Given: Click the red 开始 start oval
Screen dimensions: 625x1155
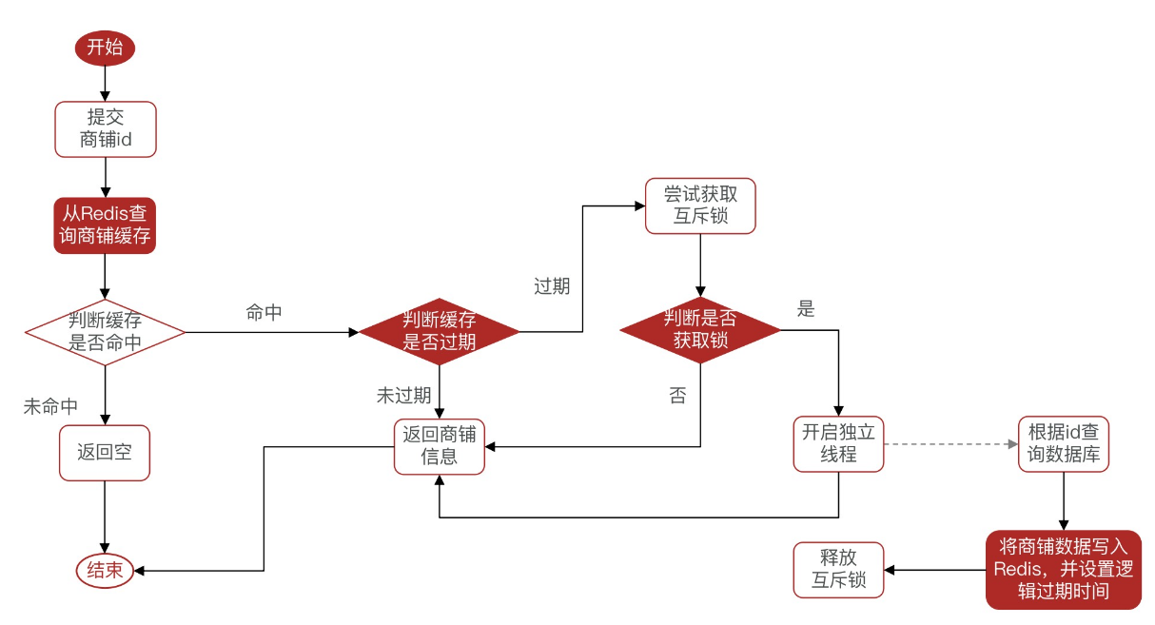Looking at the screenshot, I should click(105, 48).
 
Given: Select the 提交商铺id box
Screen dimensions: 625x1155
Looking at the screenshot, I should click(105, 129).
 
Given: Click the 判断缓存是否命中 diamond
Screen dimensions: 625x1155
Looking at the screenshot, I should click(105, 331).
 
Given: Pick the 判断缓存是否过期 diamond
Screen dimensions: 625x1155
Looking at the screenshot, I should click(439, 331).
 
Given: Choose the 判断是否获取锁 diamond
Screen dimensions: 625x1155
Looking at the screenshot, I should click(700, 329).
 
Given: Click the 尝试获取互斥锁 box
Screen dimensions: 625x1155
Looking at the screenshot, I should click(700, 206).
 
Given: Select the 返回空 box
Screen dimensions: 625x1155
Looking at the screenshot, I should click(105, 452).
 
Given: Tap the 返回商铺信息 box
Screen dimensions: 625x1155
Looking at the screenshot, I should click(439, 445).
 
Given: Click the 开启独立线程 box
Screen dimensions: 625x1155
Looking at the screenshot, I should click(838, 443).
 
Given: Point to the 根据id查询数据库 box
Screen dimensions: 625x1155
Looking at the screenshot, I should click(1063, 443).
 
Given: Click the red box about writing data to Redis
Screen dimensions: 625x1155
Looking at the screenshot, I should click(1063, 569).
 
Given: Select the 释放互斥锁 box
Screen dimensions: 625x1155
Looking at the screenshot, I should click(838, 569).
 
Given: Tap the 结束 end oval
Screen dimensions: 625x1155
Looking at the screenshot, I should click(105, 570).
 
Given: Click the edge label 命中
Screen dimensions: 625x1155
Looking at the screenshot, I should click(264, 313).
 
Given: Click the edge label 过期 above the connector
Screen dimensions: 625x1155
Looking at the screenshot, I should click(552, 286).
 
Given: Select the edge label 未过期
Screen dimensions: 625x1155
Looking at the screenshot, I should click(403, 396).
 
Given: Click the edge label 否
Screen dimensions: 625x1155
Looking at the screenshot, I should click(677, 397).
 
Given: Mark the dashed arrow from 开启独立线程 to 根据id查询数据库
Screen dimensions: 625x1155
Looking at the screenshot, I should click(949, 444).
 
